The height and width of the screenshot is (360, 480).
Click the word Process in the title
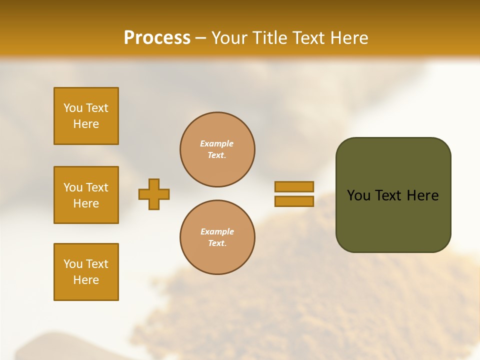(x=157, y=38)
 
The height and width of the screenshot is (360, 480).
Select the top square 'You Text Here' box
(x=86, y=116)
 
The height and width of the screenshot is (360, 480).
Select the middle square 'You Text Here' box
(x=86, y=195)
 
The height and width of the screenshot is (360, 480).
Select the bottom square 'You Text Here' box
(x=86, y=272)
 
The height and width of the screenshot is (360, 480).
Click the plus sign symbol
(x=154, y=194)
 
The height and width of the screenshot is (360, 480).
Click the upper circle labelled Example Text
(x=217, y=149)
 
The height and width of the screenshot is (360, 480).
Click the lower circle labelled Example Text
(x=217, y=237)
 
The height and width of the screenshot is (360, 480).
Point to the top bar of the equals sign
(x=294, y=186)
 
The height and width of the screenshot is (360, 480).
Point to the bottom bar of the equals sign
(x=294, y=201)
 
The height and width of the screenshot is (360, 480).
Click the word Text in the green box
(x=388, y=195)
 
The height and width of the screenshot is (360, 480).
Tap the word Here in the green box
(x=422, y=195)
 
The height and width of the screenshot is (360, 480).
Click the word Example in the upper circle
(x=217, y=144)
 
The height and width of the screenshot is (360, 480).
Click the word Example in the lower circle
(x=217, y=232)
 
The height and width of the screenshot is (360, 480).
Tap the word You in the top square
(x=73, y=108)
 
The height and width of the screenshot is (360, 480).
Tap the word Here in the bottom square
(x=86, y=280)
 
